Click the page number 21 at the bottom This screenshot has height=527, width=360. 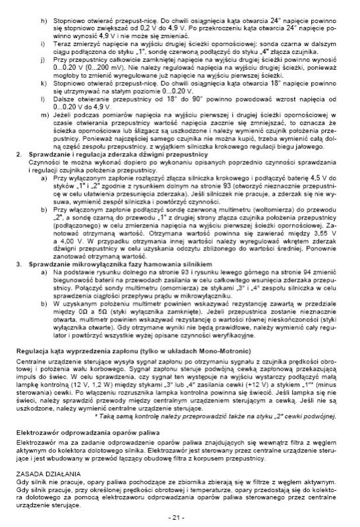tap(179, 516)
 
